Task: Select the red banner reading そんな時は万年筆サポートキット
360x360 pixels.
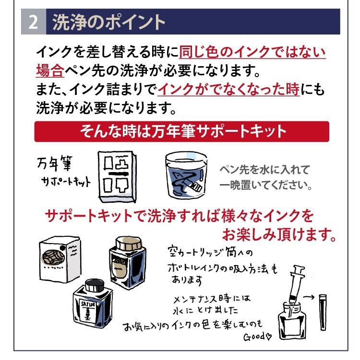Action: (x=181, y=131)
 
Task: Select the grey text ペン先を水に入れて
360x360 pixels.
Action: (x=264, y=171)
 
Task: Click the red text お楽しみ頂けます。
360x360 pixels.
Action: (x=278, y=235)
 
